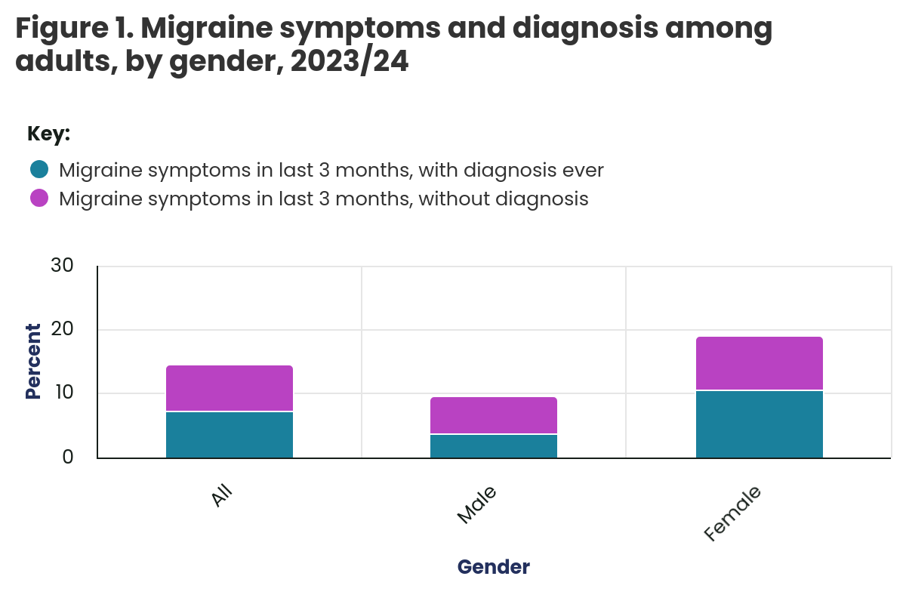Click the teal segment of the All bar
pyautogui.click(x=230, y=435)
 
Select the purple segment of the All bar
pyautogui.click(x=230, y=389)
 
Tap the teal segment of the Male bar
pyautogui.click(x=494, y=446)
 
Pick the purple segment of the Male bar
pyautogui.click(x=494, y=415)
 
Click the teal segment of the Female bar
pyautogui.click(x=759, y=424)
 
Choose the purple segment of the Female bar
pyautogui.click(x=759, y=363)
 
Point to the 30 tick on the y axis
pyautogui.click(x=62, y=266)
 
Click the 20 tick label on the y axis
pyautogui.click(x=62, y=330)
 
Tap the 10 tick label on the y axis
pyautogui.click(x=63, y=393)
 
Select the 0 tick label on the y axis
pyautogui.click(x=68, y=457)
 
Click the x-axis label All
pyautogui.click(x=222, y=497)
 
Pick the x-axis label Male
pyautogui.click(x=477, y=505)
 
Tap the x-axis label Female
pyautogui.click(x=732, y=513)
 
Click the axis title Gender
pyautogui.click(x=494, y=567)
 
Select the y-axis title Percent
pyautogui.click(x=33, y=361)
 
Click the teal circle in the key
pyautogui.click(x=39, y=169)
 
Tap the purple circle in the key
pyautogui.click(x=39, y=199)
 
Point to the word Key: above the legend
pyautogui.click(x=48, y=134)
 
